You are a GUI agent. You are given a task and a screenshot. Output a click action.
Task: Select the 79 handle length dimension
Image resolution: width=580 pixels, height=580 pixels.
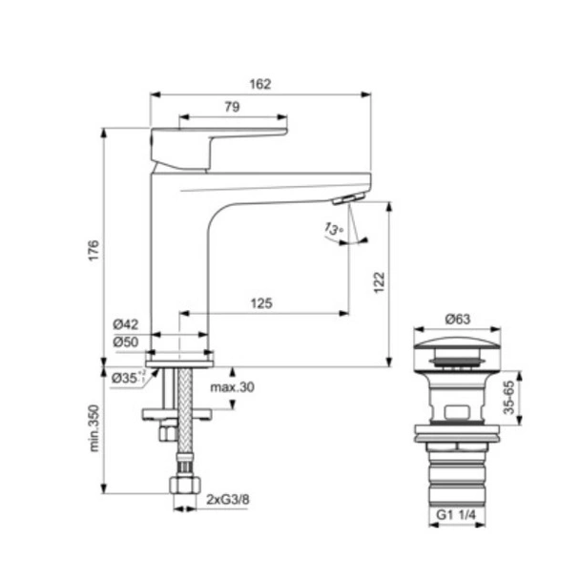coord(232,108)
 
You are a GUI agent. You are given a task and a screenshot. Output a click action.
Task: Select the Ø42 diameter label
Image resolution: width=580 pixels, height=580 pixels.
coord(127,324)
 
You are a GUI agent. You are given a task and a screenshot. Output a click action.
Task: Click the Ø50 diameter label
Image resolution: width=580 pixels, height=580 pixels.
coord(127,342)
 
